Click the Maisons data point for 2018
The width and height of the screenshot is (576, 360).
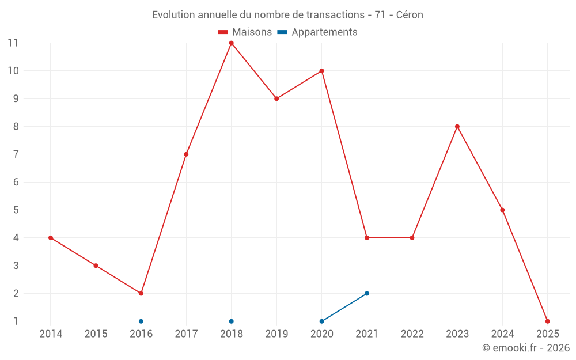tap(231, 43)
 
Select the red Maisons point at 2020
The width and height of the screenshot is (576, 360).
tap(321, 71)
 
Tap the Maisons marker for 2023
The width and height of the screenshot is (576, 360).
tap(457, 127)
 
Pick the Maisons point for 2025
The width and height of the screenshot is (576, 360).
tap(547, 321)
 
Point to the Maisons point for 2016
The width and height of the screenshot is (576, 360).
tap(141, 293)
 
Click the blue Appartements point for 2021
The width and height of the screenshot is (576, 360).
tap(367, 293)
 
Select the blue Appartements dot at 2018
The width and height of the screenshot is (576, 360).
tap(231, 321)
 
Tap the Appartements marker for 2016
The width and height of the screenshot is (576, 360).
tap(141, 321)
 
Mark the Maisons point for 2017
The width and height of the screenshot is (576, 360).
tap(186, 154)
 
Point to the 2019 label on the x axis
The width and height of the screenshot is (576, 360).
tap(276, 334)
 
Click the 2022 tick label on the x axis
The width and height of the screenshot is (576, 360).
tap(412, 334)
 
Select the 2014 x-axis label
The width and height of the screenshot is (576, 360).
tap(51, 334)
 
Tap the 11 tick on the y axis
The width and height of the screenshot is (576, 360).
tap(13, 43)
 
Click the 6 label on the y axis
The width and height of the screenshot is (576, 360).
tap(16, 182)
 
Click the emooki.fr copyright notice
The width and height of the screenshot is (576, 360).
tap(526, 348)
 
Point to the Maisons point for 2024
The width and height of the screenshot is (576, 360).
tap(502, 210)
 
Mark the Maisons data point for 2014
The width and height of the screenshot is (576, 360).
tap(51, 238)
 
